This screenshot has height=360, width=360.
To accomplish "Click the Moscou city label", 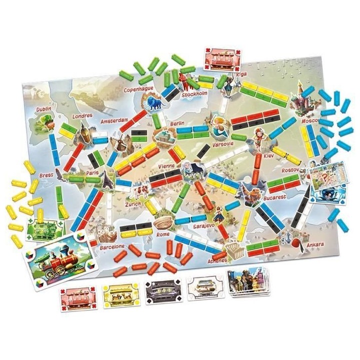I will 310,121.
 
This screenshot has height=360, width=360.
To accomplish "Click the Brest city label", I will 46,175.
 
